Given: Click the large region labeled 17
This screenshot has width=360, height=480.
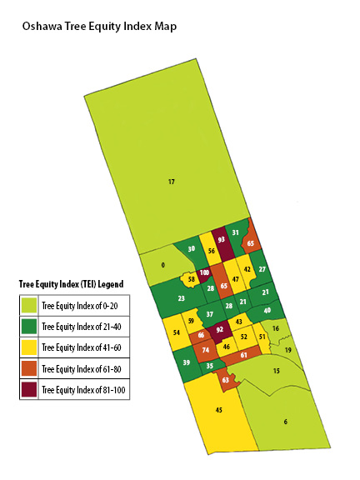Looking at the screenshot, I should [171, 181].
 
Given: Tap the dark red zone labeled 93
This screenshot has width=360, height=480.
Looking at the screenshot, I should [221, 239].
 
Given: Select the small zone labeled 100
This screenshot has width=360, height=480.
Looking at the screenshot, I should [204, 272].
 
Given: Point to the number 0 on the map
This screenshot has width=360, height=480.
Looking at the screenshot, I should [163, 265].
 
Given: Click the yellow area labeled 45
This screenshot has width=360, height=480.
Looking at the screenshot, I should [218, 410].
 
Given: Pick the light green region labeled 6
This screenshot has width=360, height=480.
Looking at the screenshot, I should [285, 422].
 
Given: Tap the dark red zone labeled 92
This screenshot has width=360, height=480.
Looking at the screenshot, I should [220, 330].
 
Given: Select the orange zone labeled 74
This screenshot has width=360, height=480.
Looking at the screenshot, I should [205, 350].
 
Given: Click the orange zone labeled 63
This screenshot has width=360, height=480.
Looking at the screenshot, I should [226, 380].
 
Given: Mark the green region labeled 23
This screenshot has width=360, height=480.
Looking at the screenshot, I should [181, 297].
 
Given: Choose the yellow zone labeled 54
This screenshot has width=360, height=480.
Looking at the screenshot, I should [176, 332].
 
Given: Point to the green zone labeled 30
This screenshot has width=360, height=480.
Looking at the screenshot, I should [192, 248].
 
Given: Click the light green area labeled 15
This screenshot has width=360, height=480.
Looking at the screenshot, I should [276, 370].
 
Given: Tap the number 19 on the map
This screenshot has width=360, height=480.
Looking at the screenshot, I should [288, 351].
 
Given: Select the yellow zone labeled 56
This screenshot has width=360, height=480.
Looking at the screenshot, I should [212, 250].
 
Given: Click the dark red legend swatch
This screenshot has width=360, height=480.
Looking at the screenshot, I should [29, 388].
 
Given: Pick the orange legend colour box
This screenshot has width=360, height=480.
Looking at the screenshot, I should [29, 367].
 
